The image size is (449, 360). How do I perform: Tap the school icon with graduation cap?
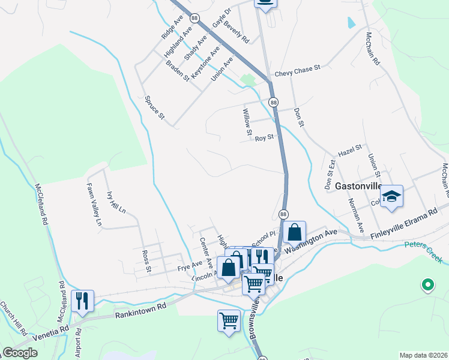tap(391, 197)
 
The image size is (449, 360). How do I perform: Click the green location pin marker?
tap(427, 284)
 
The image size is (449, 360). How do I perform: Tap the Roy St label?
tap(264, 137)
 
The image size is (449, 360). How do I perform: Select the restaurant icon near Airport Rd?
tap(82, 301)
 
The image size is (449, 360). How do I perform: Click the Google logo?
tap(20, 353)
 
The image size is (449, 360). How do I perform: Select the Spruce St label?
tap(154, 107)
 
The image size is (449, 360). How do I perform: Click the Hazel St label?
tap(351, 148)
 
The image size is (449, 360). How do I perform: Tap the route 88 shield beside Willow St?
tap(274, 103)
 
